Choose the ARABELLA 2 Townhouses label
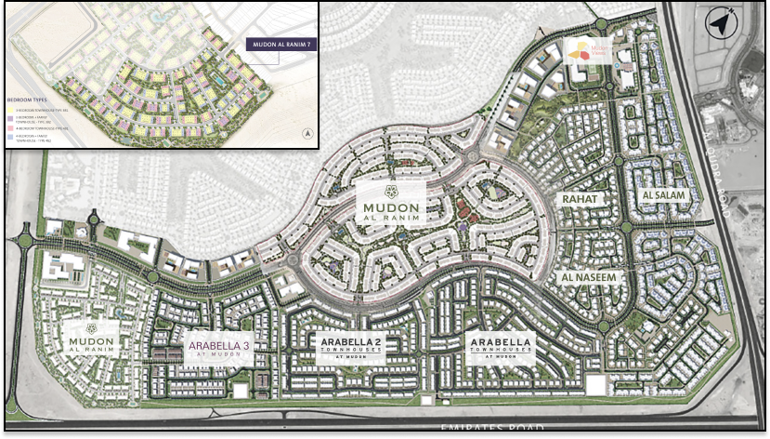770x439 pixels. point(350,346)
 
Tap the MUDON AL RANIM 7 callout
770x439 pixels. point(281,44)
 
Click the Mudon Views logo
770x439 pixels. point(581,51)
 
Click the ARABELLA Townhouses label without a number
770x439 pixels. point(502,346)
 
